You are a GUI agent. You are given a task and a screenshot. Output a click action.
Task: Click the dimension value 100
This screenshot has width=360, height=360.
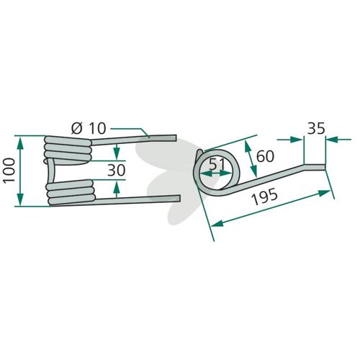coord(9,171)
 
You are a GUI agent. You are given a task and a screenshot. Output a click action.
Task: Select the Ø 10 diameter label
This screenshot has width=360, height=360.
coord(89,128)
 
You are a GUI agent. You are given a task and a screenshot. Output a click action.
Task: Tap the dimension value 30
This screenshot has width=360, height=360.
coord(117,170)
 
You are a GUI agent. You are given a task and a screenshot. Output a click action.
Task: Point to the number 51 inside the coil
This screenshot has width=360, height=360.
coord(217,165)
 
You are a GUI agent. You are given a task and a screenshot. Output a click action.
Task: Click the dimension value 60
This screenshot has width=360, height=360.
coord(265,156)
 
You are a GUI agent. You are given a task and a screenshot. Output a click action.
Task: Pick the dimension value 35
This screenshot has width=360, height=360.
coord(316,128)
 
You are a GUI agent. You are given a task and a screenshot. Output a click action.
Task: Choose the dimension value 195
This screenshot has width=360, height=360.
coord(265,197)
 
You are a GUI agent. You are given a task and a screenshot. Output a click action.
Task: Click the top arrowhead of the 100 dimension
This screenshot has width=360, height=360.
coord(21,143)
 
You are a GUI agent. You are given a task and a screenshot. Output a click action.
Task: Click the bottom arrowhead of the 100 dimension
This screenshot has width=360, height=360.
coord(21,199)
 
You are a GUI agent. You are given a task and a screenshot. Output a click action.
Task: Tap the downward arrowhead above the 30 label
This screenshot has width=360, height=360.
coord(117,153)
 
